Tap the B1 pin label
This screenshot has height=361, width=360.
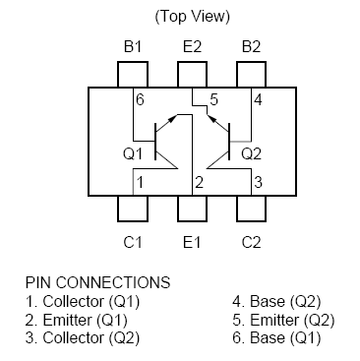132,46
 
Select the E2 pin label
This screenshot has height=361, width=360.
191,46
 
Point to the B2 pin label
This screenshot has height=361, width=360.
250,46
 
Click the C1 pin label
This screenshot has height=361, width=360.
132,241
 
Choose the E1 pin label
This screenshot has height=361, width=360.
191,241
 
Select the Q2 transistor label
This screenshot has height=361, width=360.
251,152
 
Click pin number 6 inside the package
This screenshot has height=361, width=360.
140,100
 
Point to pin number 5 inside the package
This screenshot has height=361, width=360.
213,100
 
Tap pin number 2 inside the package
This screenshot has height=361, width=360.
199,183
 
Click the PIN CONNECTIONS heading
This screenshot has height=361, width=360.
97,282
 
